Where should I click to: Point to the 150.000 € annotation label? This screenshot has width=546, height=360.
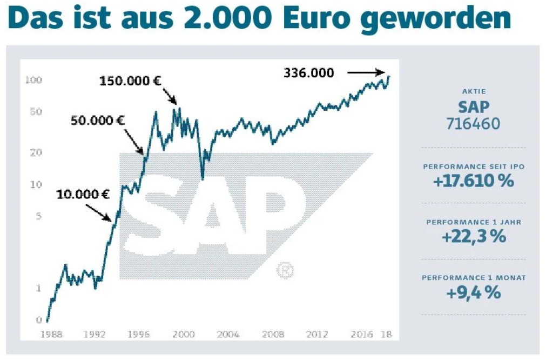131,81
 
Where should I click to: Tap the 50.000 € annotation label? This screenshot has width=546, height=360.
98,119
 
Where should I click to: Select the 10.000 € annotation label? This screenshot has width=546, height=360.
83,194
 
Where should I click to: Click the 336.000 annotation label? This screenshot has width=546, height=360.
308,73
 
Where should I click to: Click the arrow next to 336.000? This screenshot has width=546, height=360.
366,72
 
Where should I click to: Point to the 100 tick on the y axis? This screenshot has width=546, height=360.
33,81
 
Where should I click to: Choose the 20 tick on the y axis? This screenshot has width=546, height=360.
36,152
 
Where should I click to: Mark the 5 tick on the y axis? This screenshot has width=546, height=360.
38,217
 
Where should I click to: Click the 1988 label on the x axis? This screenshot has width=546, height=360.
52,334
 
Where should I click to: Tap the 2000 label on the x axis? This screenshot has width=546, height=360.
184,334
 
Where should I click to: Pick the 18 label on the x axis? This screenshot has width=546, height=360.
385,334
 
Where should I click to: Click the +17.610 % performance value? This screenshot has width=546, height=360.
473,181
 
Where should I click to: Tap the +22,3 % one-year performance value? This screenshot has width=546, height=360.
473,236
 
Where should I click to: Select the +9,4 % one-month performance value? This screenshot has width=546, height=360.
473,292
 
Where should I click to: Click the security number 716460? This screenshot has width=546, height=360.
473,124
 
